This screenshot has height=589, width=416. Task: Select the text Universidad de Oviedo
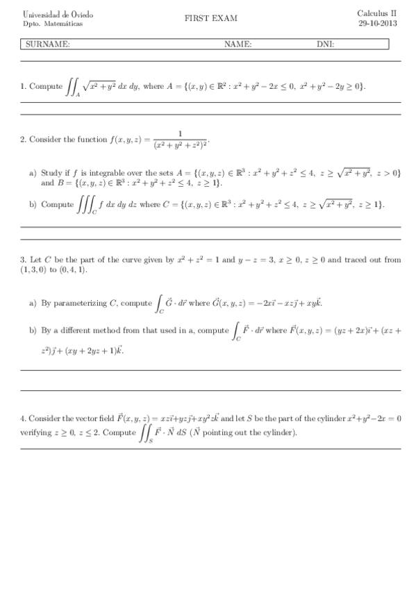point(49,15)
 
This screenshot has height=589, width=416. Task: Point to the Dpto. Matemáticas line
point(42,24)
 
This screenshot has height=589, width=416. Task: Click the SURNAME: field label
point(47,44)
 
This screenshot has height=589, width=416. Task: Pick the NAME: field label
point(238,44)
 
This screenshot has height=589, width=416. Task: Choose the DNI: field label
point(325,44)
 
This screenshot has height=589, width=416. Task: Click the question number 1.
point(23,87)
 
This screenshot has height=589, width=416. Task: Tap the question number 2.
point(23,140)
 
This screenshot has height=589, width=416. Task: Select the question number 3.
point(23,260)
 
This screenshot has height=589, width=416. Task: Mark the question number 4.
point(23,419)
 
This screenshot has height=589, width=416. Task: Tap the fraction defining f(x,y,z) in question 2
point(180,140)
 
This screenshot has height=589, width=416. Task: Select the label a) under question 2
point(33,173)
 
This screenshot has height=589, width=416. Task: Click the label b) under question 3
point(33,331)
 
